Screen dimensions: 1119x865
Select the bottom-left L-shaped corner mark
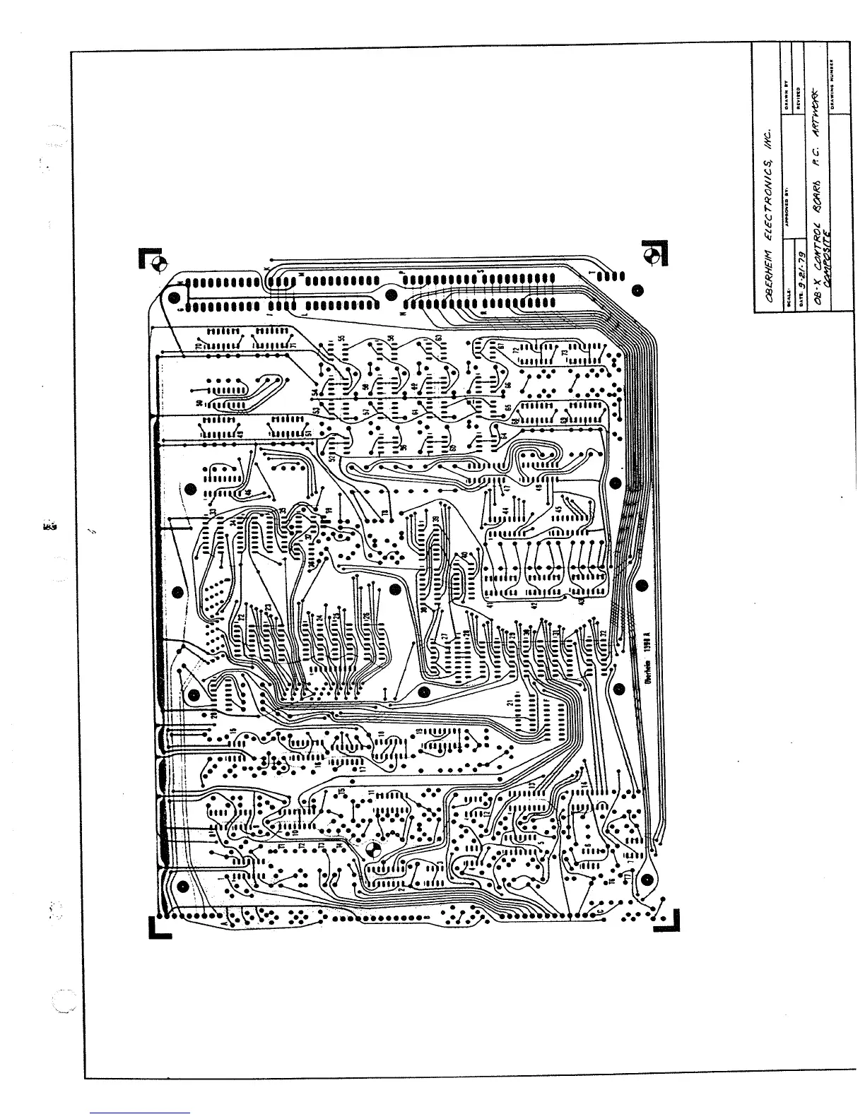[x=159, y=927]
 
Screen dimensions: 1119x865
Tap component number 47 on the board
[x=506, y=487]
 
